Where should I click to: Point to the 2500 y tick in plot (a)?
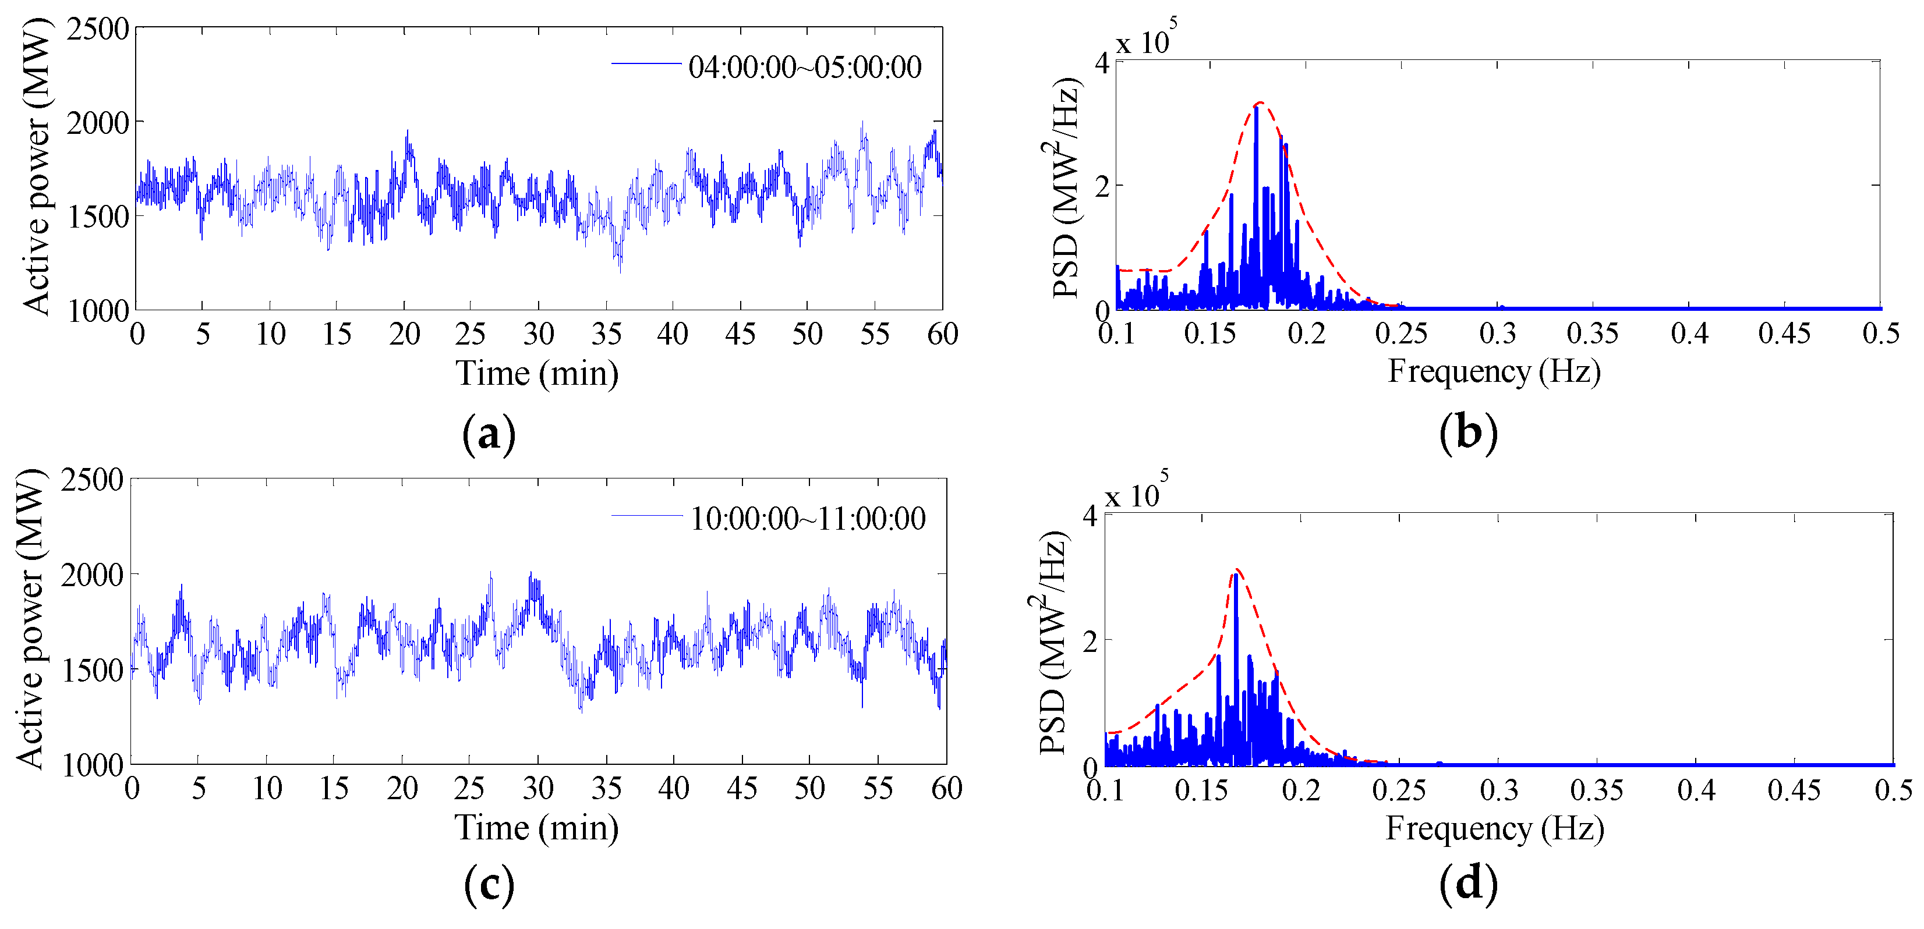click(97, 30)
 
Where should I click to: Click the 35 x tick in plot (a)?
click(606, 334)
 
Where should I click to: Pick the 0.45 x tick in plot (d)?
click(1794, 790)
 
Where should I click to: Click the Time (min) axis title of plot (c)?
click(536, 828)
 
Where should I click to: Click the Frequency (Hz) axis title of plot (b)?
click(1494, 371)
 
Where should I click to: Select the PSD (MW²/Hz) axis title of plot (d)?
click(1052, 642)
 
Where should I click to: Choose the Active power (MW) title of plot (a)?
click(36, 168)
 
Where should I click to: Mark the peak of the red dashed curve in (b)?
click(1260, 102)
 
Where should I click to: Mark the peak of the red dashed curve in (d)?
click(1237, 570)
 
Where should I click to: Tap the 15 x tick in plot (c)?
click(334, 789)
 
